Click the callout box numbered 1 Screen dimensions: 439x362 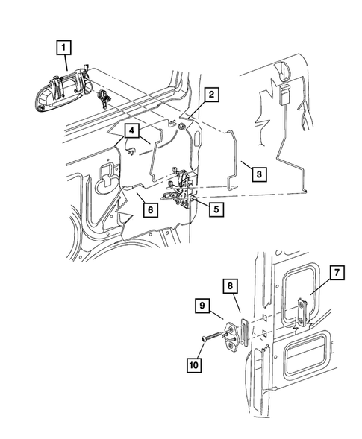(x=65, y=50)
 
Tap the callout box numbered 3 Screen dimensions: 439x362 (x=257, y=174)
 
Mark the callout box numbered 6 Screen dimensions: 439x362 (x=149, y=211)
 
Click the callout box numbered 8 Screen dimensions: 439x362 (x=230, y=285)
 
